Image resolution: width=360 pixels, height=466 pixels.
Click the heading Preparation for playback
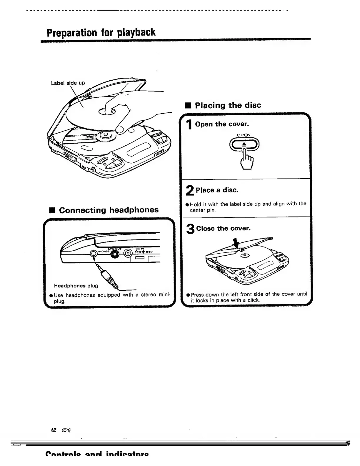pos(101,32)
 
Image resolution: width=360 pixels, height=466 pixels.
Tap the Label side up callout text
pos(68,83)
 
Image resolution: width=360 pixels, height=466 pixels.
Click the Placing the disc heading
pos(228,105)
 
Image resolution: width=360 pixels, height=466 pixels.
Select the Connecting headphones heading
pos(109,210)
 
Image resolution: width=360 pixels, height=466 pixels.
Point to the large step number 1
pos(190,125)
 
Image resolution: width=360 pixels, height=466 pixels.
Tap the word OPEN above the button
pos(244,135)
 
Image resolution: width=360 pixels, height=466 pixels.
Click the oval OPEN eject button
pos(244,144)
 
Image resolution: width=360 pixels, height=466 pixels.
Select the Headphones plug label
pos(76,286)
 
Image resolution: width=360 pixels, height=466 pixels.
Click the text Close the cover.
pos(223,229)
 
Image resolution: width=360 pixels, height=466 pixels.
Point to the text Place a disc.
pos(217,190)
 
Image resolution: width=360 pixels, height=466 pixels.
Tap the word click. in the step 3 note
pos(254,300)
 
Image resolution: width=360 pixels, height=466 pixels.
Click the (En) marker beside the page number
pos(66,430)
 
